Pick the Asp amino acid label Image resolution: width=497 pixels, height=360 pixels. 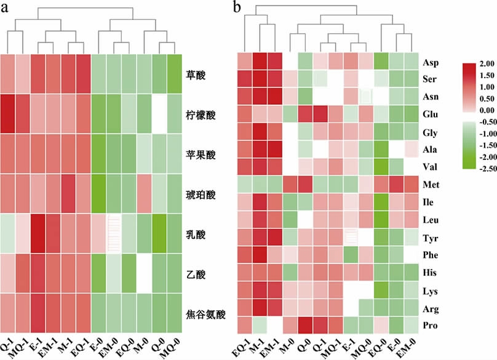(x=430, y=62)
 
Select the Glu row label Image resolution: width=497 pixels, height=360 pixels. (x=430, y=114)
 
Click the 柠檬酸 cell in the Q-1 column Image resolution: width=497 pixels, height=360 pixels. (x=7, y=114)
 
